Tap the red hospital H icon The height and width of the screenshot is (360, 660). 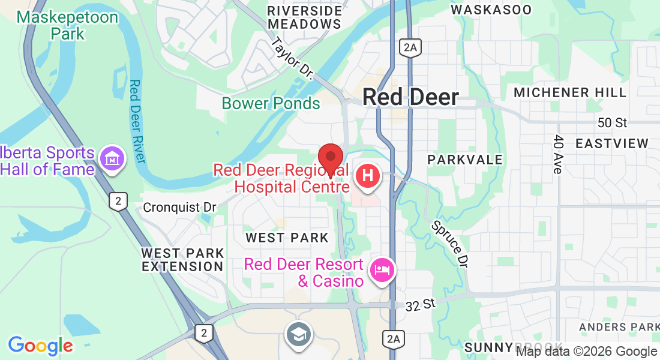pyautogui.click(x=368, y=176)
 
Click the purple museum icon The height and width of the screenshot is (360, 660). pyautogui.click(x=112, y=160)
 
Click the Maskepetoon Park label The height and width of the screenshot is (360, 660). pyautogui.click(x=67, y=25)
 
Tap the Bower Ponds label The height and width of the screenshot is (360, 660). pyautogui.click(x=271, y=103)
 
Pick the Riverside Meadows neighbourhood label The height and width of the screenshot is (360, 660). pyautogui.click(x=305, y=17)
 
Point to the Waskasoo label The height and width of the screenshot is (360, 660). pyautogui.click(x=491, y=10)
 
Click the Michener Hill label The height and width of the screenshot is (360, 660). pyautogui.click(x=570, y=92)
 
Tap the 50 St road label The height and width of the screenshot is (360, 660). pyautogui.click(x=612, y=123)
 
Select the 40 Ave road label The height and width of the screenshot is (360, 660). pyautogui.click(x=557, y=155)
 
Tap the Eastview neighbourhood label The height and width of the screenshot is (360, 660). pyautogui.click(x=611, y=143)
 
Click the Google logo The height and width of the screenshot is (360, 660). pyautogui.click(x=40, y=346)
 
